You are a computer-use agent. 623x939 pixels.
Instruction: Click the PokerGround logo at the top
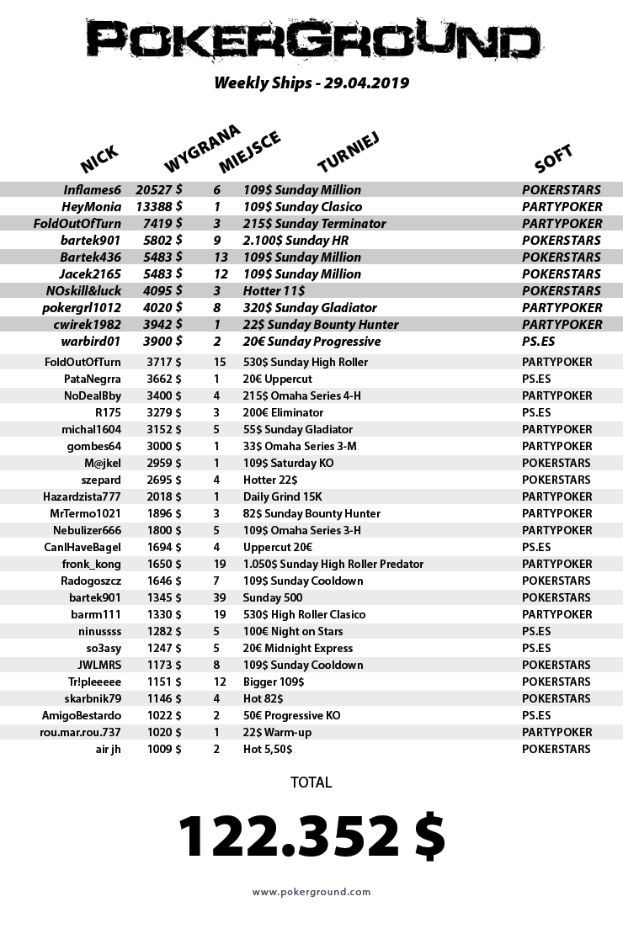pos(311,40)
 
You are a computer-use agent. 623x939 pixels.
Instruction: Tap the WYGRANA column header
pos(202,148)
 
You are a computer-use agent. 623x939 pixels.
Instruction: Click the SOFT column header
pos(553,157)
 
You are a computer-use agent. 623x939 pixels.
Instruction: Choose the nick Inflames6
pos(93,190)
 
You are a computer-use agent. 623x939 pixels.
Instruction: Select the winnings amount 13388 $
pos(159,207)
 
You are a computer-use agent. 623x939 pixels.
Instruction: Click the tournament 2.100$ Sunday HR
pos(290,241)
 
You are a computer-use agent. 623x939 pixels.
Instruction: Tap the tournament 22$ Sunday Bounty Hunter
pos(321,325)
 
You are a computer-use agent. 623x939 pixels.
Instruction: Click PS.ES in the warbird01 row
pos(536,342)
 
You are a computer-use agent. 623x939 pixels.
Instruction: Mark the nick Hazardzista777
pos(82,496)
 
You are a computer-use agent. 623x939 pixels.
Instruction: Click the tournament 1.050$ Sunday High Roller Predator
pos(333,564)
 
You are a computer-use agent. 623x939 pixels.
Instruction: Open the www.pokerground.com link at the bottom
pos(311,892)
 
